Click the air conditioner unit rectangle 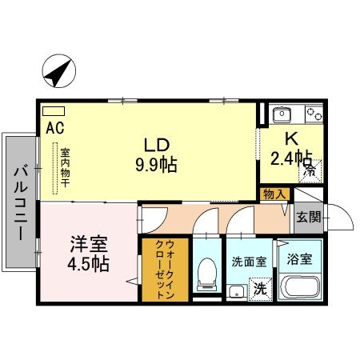tap(53, 111)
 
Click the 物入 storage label tap(273, 194)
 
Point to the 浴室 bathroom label tap(300, 260)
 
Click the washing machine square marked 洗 tap(259, 286)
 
